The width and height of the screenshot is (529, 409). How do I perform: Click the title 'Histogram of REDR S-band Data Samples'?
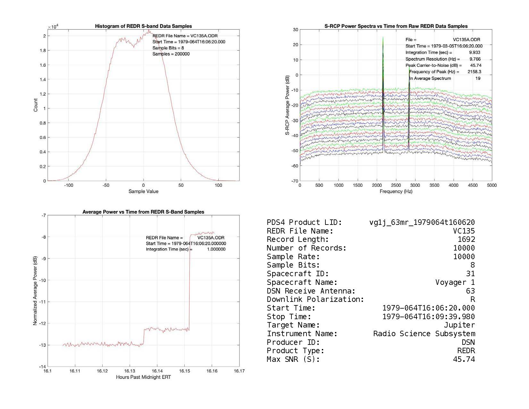143,26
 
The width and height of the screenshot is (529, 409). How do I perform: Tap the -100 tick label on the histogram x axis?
68,185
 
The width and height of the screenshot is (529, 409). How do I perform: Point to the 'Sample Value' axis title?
143,192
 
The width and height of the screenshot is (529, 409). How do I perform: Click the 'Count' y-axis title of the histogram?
35,105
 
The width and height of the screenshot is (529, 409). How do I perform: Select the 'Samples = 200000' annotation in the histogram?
171,54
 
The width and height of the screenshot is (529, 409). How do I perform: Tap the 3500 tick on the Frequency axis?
434,185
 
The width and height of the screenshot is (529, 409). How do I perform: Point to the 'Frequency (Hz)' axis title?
396,192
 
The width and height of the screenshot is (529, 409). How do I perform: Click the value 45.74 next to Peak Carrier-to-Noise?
475,65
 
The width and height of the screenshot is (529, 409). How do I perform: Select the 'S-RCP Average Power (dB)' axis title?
288,105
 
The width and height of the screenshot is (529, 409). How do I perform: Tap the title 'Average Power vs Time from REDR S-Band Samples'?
143,212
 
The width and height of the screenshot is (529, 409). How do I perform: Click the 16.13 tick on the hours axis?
130,371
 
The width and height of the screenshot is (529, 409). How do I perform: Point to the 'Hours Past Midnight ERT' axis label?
143,377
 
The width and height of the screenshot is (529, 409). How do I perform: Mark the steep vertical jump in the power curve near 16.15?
190,282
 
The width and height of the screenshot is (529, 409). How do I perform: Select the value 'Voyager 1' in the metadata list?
455,282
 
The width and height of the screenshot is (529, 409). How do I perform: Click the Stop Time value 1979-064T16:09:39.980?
429,317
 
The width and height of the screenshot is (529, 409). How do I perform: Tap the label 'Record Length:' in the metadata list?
298,239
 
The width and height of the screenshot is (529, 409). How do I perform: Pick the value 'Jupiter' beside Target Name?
459,325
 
